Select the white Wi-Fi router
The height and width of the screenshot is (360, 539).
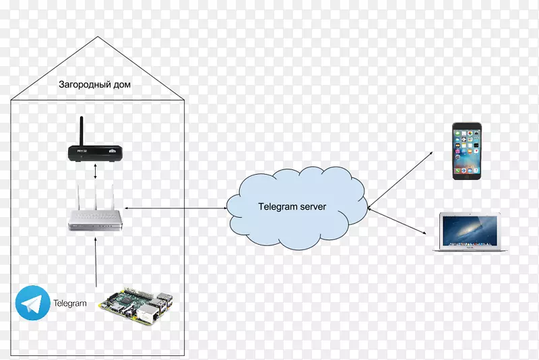point(96,217)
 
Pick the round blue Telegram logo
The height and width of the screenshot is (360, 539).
point(32,303)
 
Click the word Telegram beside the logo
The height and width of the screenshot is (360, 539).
point(70,303)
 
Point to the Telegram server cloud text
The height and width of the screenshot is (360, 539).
point(292,207)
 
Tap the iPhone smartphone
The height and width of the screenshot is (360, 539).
point(466,150)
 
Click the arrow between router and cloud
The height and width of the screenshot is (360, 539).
point(175,209)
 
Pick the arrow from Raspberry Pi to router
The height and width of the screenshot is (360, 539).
point(96,263)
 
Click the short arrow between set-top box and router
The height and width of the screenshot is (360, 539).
point(96,171)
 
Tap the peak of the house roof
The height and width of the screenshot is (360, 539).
point(98,38)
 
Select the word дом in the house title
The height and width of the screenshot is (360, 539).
point(121,85)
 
